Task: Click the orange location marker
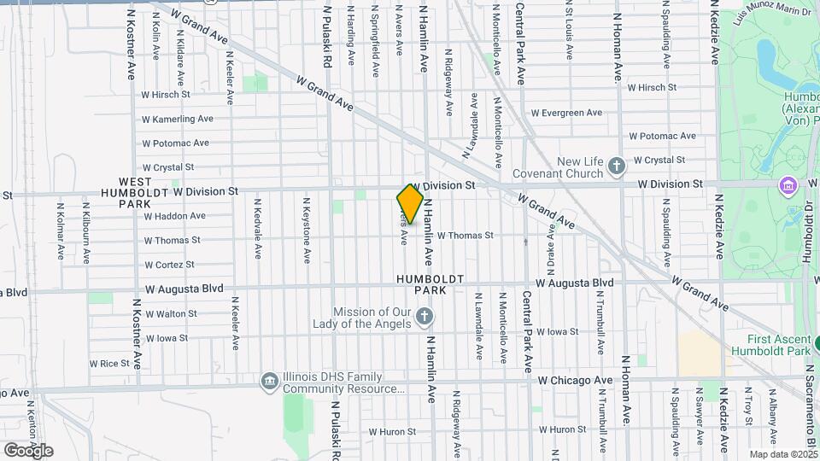(410, 204)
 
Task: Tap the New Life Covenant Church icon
(617, 166)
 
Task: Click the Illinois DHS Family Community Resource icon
(270, 381)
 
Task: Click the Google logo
(28, 450)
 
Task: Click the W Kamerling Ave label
(178, 119)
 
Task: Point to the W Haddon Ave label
(175, 216)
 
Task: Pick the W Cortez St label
(170, 265)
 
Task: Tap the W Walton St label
(171, 314)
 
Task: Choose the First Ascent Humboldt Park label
(771, 345)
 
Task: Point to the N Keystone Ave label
(306, 230)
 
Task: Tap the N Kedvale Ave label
(256, 230)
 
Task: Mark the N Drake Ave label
(552, 252)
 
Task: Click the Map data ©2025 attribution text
(783, 454)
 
